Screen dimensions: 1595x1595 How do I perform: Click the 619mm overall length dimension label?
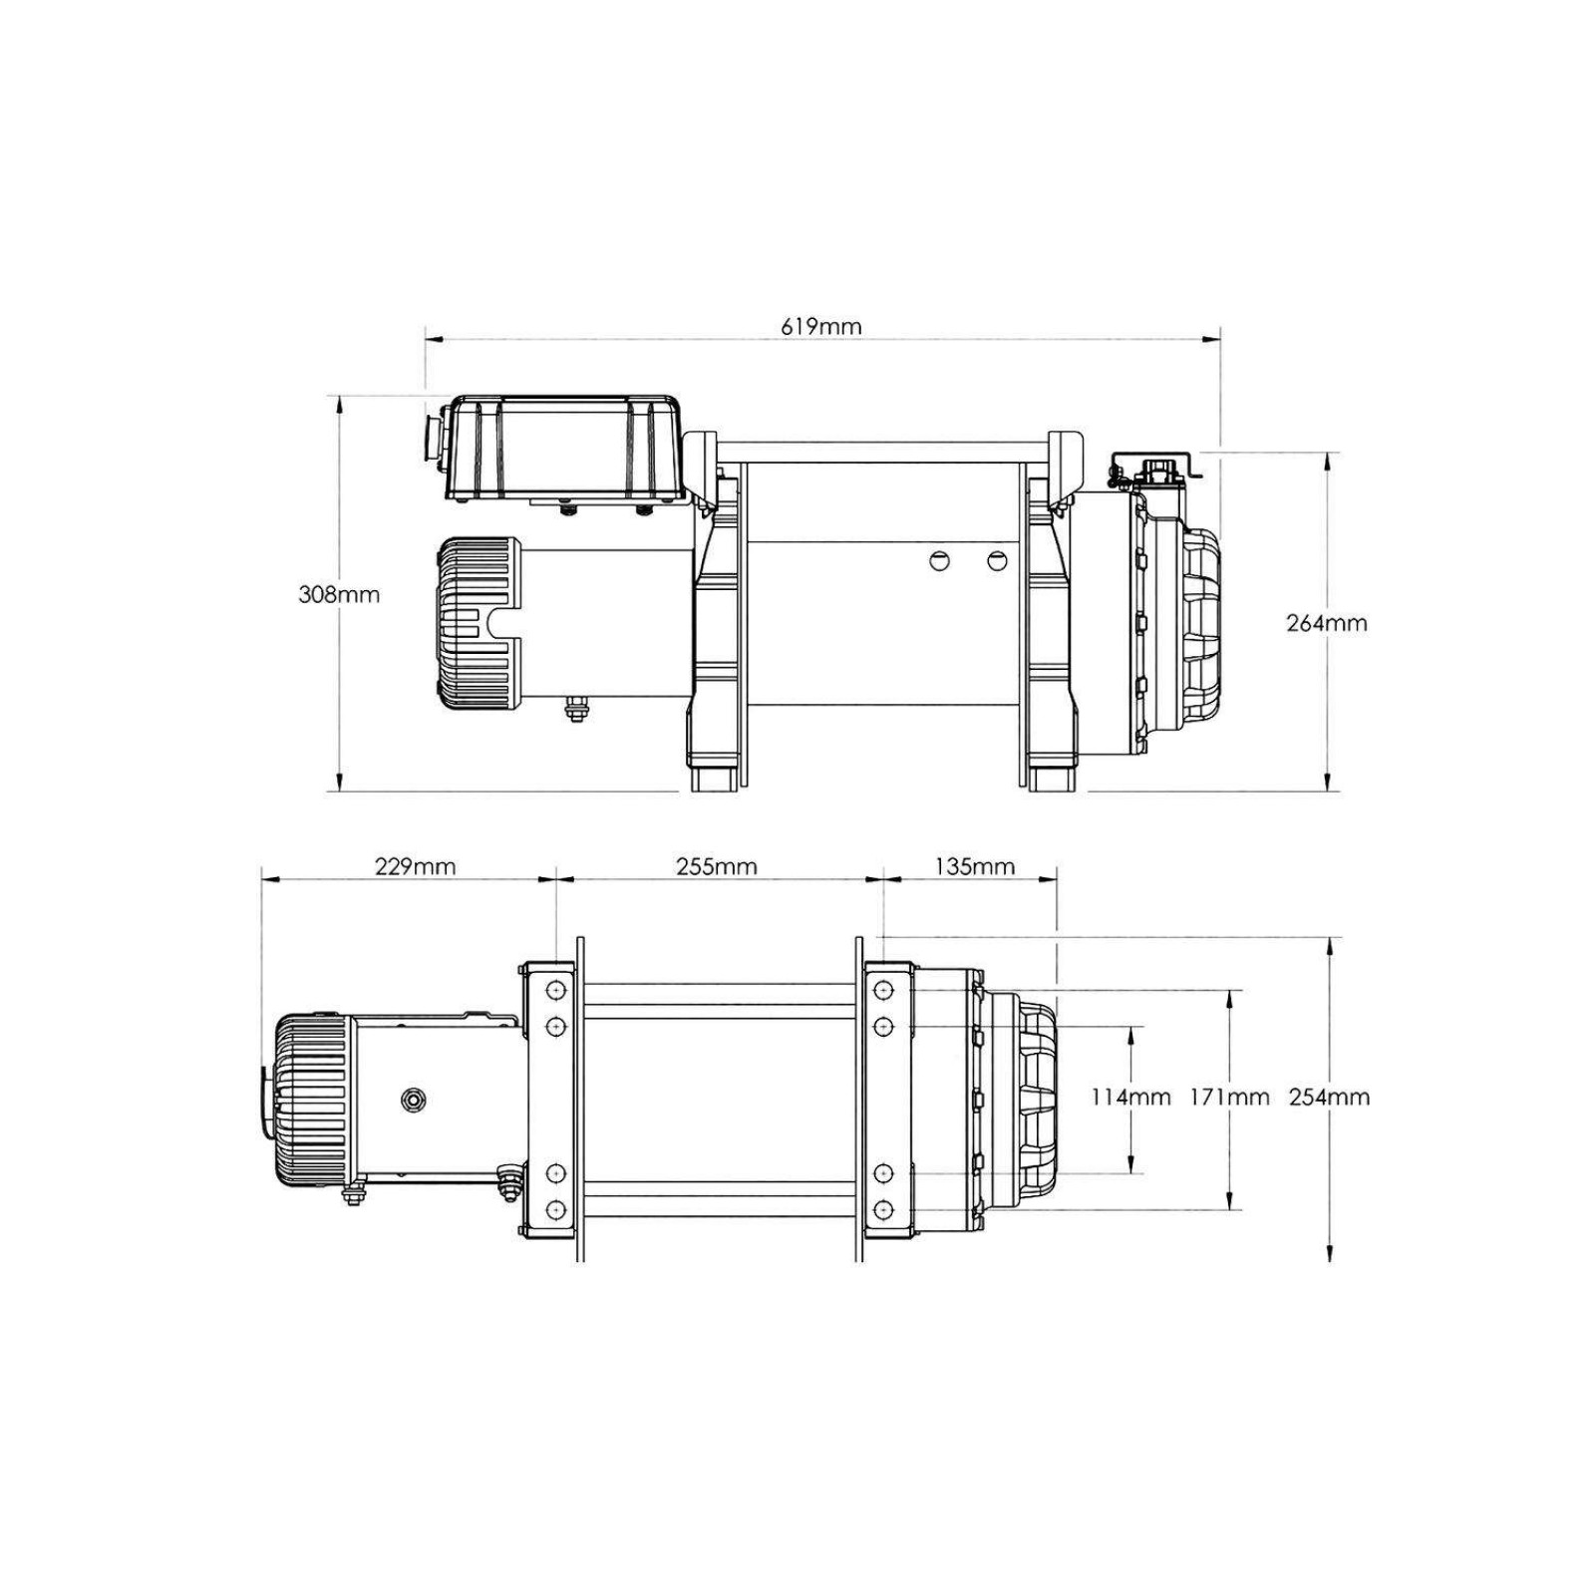point(821,326)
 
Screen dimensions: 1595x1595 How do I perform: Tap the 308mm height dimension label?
point(339,594)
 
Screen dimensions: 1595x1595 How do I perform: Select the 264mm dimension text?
point(1327,623)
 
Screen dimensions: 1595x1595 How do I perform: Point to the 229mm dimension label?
point(415,866)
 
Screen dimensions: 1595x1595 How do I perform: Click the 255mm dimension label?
point(716,866)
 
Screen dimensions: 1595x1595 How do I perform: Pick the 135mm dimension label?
point(974,866)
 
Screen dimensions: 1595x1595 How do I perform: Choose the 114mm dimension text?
point(1130,1098)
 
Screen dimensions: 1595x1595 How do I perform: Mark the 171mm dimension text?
point(1229,1098)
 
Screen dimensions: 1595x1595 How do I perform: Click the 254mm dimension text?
point(1329,1098)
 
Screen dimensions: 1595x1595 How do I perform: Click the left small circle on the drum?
point(939,560)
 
